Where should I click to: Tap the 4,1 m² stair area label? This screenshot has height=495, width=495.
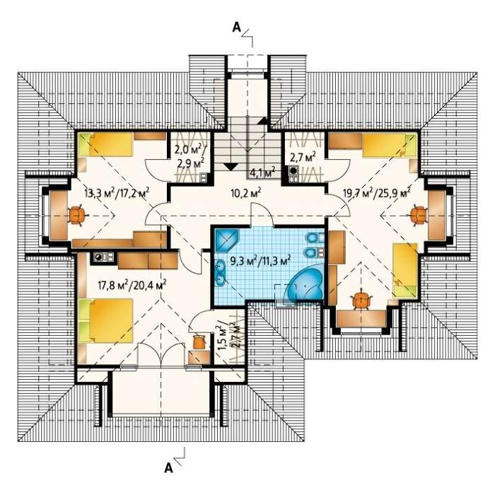[262, 172]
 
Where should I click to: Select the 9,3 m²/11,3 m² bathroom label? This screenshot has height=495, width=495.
[260, 262]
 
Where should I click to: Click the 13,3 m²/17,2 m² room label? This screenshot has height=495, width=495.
[117, 192]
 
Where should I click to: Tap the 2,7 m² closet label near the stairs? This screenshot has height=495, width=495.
[303, 157]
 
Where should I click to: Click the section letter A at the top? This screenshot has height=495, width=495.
[236, 28]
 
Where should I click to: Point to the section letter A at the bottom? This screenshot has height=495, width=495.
[169, 467]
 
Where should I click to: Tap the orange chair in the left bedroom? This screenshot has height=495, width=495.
[76, 215]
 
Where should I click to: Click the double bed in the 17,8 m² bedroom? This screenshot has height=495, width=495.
[106, 321]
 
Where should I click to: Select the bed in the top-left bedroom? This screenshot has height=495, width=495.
[105, 144]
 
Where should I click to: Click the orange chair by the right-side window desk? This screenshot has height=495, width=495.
[419, 215]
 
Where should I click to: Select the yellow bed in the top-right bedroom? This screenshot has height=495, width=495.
[389, 145]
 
